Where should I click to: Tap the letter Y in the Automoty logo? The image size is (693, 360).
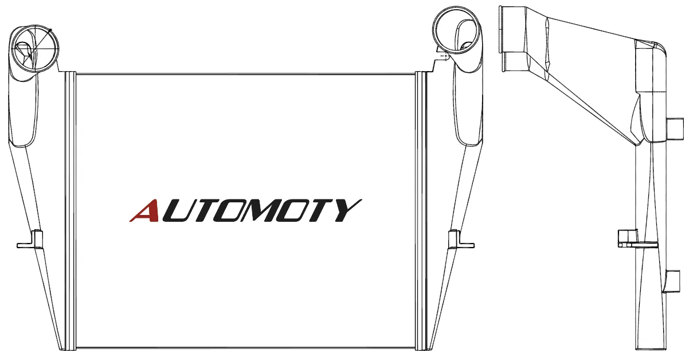click(x=346, y=210)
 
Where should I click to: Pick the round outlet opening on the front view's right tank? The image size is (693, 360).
click(x=456, y=30)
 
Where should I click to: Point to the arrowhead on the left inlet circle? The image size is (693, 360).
click(x=50, y=30)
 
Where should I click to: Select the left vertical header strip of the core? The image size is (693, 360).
click(x=71, y=211)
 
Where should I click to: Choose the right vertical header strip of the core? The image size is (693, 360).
click(x=421, y=211)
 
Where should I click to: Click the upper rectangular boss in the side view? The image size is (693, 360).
click(x=675, y=129)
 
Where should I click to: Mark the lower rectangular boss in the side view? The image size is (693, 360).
click(x=672, y=281)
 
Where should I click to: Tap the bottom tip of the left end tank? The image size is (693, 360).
click(x=62, y=350)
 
